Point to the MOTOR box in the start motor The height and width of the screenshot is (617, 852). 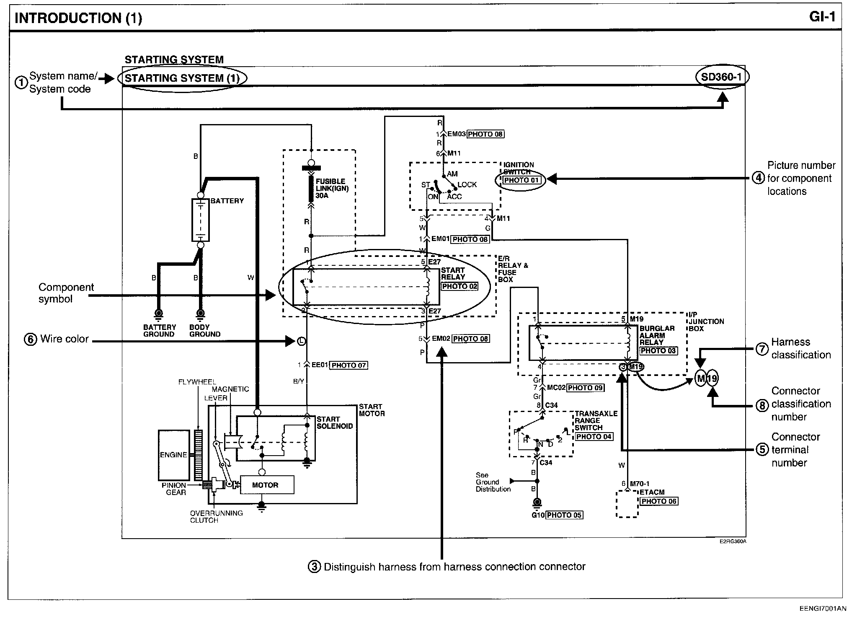pos(267,485)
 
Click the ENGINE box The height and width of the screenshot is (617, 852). pos(173,455)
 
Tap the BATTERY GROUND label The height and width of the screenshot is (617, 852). pos(159,330)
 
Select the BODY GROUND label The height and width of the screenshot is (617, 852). pos(205,330)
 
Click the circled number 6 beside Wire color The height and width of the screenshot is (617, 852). pos(31,340)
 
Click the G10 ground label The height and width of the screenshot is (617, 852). pos(538,515)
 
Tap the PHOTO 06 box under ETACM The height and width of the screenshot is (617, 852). pos(658,501)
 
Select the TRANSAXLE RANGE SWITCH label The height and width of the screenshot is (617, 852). pos(596,420)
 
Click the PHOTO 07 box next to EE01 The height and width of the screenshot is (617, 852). pos(349,366)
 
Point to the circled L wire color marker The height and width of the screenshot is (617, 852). pos(301,341)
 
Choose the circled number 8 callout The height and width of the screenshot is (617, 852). pos(762,405)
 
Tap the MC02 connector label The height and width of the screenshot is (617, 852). pos(556,388)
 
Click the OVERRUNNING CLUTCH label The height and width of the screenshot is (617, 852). pos(216,516)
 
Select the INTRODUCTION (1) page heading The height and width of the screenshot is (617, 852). pos(78,18)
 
